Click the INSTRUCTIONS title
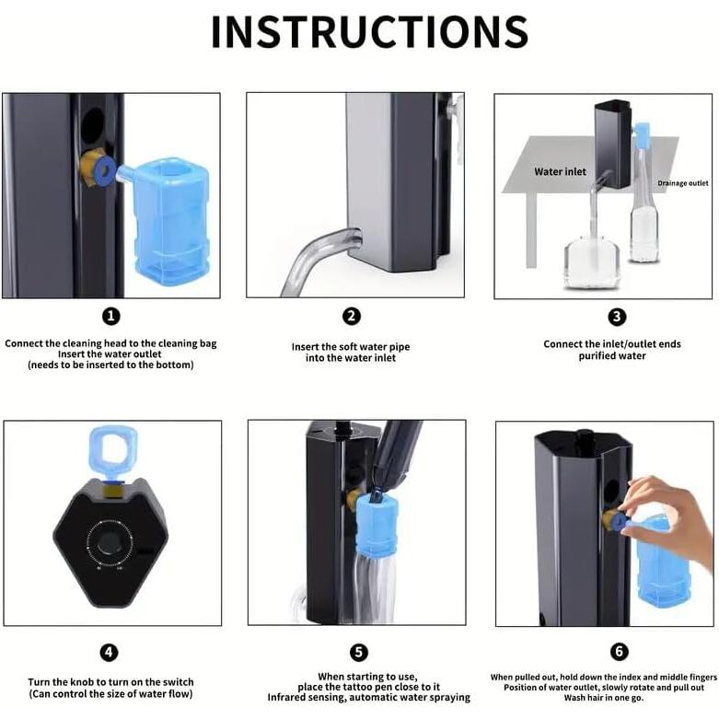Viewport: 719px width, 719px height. tap(369, 31)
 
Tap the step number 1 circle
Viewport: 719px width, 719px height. tap(111, 317)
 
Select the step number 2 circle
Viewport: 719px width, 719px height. tap(352, 317)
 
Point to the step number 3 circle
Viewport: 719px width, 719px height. tap(617, 317)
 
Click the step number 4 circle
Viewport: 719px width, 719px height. tap(110, 653)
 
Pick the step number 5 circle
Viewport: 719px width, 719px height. tap(359, 653)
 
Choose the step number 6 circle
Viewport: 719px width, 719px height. tap(619, 651)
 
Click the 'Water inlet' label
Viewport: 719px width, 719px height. tap(560, 172)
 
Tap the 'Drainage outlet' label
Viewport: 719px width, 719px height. tap(683, 183)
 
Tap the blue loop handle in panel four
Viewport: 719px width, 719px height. tap(112, 453)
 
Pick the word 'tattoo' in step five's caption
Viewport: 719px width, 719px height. tap(355, 687)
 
